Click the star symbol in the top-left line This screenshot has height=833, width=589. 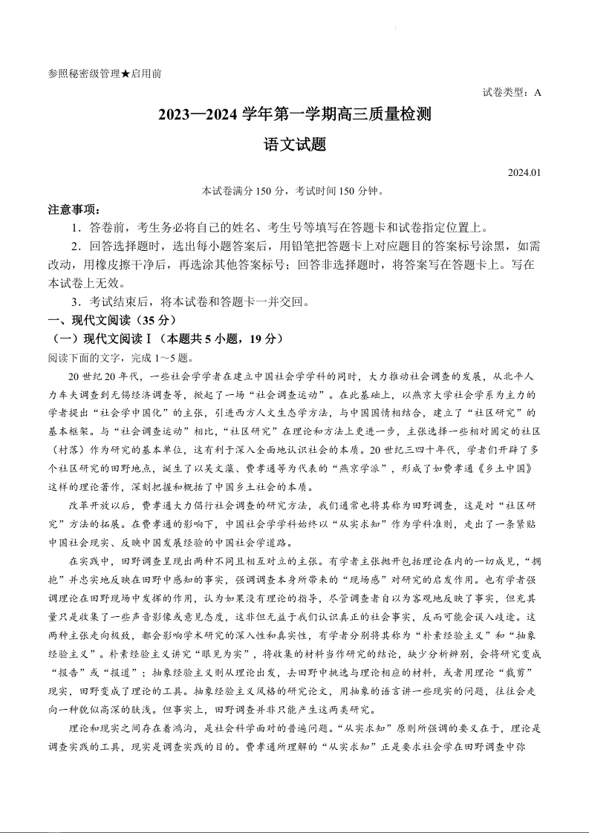pos(126,74)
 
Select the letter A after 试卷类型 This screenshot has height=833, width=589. pos(537,93)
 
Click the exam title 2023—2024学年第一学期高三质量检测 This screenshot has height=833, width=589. pos(294,115)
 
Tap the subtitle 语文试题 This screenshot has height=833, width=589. pos(295,145)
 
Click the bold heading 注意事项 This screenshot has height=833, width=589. pos(73,210)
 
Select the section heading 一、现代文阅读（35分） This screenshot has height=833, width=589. pos(111,321)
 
